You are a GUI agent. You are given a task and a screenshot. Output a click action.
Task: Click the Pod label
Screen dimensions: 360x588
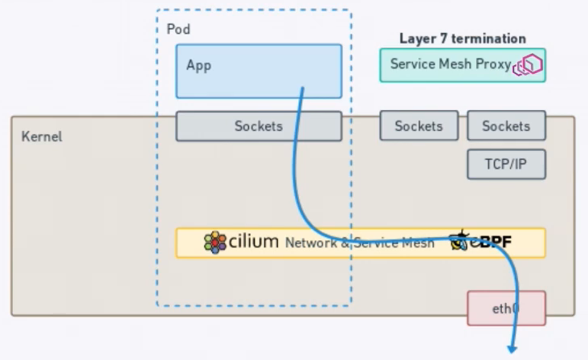tap(178, 29)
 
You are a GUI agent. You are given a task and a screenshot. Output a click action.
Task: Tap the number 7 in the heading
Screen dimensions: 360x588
tap(439, 38)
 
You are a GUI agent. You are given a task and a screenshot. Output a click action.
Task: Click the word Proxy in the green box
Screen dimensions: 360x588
tap(493, 64)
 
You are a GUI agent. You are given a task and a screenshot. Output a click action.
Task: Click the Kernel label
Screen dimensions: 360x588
tap(42, 137)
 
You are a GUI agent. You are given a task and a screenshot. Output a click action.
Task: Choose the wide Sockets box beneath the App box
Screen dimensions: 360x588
tap(259, 126)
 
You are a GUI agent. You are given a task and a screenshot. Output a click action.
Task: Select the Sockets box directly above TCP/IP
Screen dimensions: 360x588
tap(506, 126)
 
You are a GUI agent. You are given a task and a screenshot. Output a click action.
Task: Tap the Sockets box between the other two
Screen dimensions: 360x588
tap(419, 126)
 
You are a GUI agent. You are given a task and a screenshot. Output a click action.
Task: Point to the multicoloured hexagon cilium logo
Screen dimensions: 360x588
tap(214, 242)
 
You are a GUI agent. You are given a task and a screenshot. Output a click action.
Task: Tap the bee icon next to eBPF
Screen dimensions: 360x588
tap(461, 240)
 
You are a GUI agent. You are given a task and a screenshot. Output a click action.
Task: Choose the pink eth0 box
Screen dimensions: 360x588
tap(506, 308)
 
